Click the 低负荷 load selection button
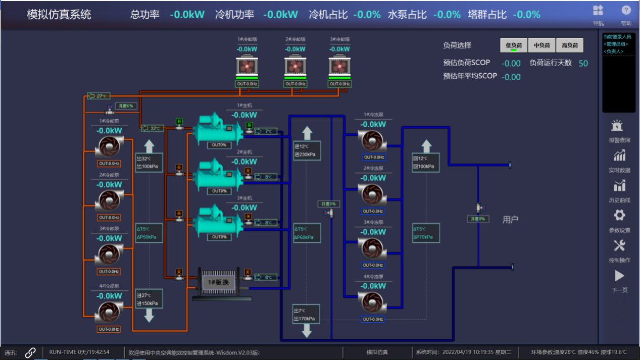[514, 45]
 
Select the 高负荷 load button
[570, 45]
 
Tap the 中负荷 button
[541, 45]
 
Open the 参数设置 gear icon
[619, 216]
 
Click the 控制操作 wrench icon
[619, 246]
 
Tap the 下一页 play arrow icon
[619, 276]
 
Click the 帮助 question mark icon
[626, 10]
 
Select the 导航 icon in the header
[598, 10]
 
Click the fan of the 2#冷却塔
[295, 67]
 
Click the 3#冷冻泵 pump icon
[373, 248]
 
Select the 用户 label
[510, 220]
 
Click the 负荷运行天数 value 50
[583, 63]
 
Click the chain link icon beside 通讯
[30, 352]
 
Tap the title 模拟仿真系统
[59, 15]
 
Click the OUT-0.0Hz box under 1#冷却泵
[109, 164]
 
